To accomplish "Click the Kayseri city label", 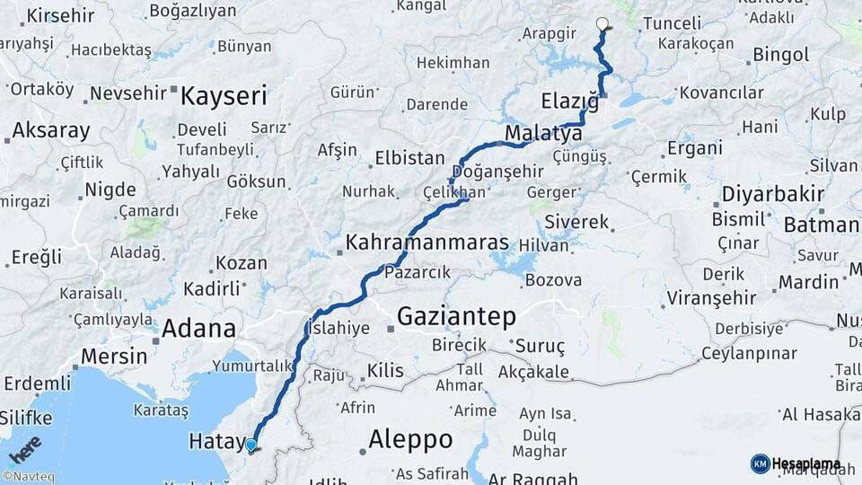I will click(x=224, y=96).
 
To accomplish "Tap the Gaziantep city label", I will click(x=456, y=316).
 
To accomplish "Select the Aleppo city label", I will click(x=410, y=440).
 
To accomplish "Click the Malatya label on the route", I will click(x=542, y=134).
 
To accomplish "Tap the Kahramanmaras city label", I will click(x=427, y=242).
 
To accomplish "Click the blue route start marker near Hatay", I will click(x=251, y=445).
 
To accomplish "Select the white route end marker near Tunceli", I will click(x=602, y=24).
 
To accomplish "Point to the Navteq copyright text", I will click(x=28, y=477).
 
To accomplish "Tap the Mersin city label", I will click(x=113, y=356).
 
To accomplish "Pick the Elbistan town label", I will click(x=409, y=158).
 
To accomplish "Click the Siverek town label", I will click(x=576, y=222).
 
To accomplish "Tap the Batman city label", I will click(x=821, y=225).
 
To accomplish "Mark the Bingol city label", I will click(x=780, y=55).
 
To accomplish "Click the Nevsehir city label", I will click(x=129, y=93).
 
